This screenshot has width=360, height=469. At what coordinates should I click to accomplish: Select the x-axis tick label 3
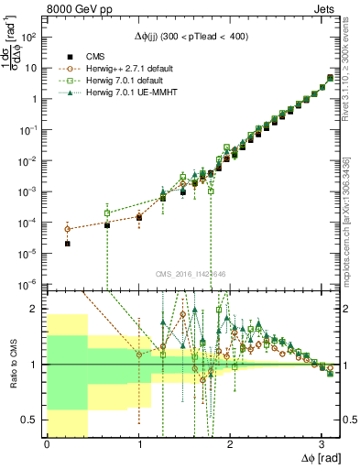coord(322,444)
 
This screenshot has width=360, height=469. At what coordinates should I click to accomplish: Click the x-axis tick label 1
coord(138,444)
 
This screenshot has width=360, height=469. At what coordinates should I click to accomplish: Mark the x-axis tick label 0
coord(47,444)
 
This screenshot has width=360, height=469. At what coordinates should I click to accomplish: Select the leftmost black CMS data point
coord(68,244)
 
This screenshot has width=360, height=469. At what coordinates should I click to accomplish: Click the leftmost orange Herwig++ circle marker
coord(68,229)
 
